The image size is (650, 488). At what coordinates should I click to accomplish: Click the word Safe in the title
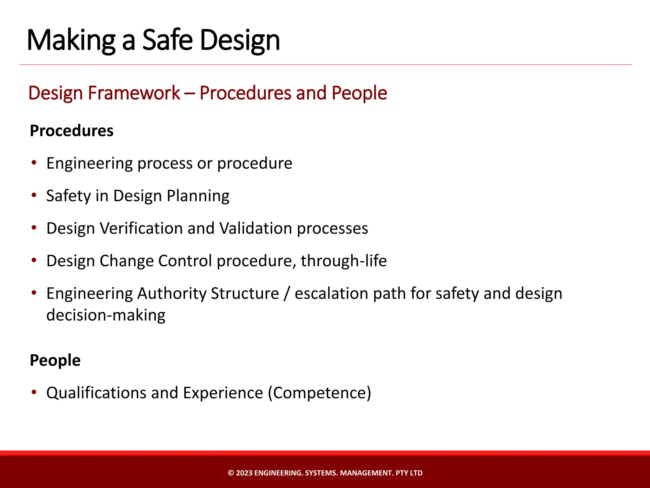click(167, 40)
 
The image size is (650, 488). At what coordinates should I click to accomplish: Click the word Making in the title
click(71, 41)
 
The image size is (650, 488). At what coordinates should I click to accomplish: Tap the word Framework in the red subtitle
click(134, 93)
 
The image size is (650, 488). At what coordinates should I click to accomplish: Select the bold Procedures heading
click(71, 131)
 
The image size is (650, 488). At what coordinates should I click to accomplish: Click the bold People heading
click(55, 360)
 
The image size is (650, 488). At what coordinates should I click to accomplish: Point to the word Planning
click(198, 196)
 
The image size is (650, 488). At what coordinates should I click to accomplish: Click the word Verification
click(141, 228)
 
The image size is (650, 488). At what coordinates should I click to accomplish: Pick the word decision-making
click(106, 315)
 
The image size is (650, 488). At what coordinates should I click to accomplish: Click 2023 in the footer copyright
click(244, 473)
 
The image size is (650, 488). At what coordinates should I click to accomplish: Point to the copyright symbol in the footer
click(231, 473)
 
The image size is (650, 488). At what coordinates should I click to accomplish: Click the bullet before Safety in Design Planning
click(34, 195)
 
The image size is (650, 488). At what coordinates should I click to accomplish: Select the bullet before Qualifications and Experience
click(34, 392)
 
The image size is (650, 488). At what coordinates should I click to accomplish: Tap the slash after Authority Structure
click(287, 293)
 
